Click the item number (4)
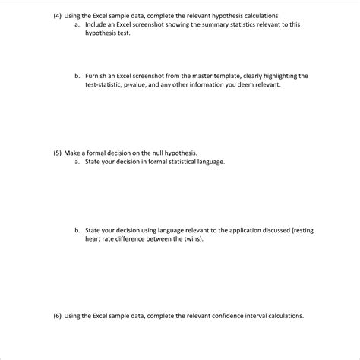pyautogui.click(x=58, y=15)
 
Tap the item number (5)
pyautogui.click(x=58, y=153)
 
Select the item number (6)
pyautogui.click(x=58, y=316)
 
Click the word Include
pyautogui.click(x=96, y=24)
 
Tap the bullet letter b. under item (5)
pyautogui.click(x=77, y=229)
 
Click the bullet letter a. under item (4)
pyautogui.click(x=77, y=24)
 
